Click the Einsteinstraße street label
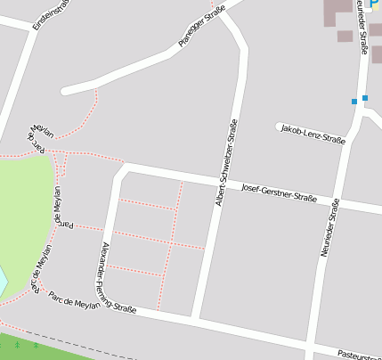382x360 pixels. point(50,14)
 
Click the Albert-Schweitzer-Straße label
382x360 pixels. point(225,163)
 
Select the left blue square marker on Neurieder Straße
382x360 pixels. point(354,102)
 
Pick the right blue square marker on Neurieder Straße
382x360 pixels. point(365,97)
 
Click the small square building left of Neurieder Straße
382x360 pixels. point(345,37)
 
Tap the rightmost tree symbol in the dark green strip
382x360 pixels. point(36,343)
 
